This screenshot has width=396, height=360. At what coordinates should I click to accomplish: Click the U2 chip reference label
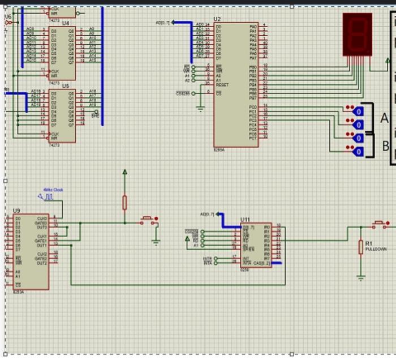pos(217,19)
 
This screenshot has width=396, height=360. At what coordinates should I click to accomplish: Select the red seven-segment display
pos(358,35)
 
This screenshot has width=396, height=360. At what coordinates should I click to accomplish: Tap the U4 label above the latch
pos(66,23)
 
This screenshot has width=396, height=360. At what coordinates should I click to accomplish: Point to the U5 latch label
pos(66,86)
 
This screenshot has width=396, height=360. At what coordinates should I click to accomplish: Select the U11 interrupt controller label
pos(245,220)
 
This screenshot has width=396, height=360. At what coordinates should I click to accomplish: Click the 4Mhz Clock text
pos(53,190)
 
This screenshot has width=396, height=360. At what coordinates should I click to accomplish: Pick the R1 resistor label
pos(369,244)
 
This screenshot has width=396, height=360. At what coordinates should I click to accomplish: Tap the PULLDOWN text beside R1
pos(376,249)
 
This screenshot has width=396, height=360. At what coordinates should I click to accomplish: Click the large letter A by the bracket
pos(385,119)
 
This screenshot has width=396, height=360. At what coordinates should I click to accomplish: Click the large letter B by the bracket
pos(385,145)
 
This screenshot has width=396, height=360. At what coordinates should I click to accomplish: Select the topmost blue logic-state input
pos(358,112)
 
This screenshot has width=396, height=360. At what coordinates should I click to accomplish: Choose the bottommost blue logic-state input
pos(358,151)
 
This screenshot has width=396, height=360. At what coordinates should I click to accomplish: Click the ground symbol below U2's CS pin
pos(200,108)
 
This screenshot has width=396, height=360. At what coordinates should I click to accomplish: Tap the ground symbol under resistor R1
pos(360,277)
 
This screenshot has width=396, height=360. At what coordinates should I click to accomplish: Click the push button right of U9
pos(148,220)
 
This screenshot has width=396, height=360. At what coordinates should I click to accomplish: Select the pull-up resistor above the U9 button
pos(124,202)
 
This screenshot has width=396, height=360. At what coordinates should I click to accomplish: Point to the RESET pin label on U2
pos(222,84)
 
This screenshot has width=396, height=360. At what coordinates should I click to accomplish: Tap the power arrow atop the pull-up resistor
pos(124,172)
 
